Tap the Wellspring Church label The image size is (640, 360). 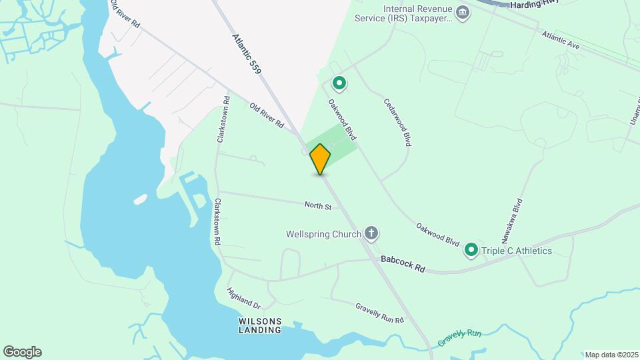323,234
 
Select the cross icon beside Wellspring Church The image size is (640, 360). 372,233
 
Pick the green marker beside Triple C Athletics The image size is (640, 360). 471,250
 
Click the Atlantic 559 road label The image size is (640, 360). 247,53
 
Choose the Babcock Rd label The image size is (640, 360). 403,263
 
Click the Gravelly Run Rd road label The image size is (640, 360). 379,312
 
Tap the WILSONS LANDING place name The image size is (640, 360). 260,325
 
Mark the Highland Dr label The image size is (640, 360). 243,298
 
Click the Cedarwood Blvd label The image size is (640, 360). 397,123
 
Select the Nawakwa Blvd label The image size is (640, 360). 511,220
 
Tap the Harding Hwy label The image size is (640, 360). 534,5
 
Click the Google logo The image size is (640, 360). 22,351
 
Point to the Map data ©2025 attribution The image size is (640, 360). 611,355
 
